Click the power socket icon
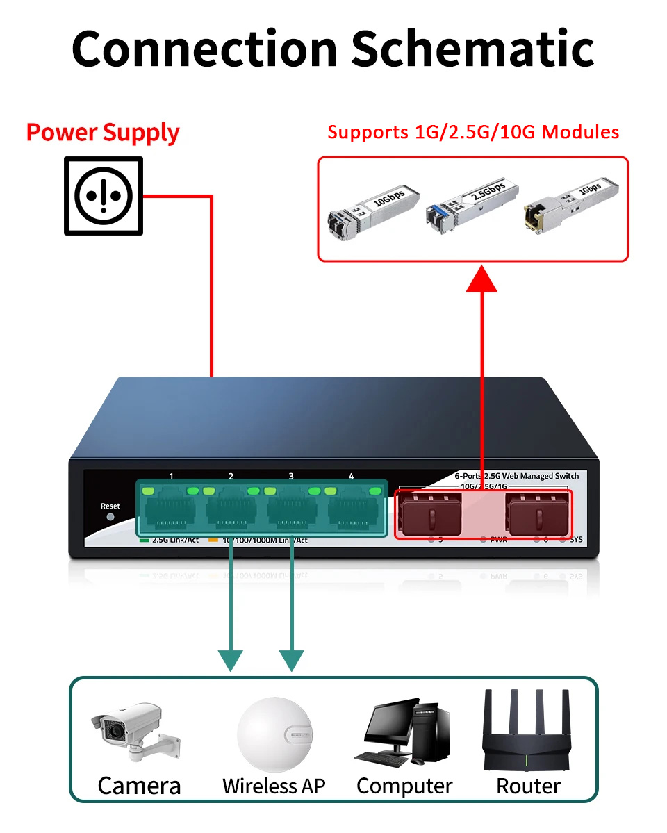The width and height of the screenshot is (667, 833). click(104, 196)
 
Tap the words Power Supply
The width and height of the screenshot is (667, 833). click(103, 132)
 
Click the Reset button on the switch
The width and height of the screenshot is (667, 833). click(110, 517)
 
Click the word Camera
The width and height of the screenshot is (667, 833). click(139, 786)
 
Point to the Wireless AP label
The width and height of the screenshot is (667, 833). click(274, 786)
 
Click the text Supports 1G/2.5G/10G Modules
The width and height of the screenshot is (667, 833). click(473, 132)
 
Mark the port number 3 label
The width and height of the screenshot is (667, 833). click(291, 476)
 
